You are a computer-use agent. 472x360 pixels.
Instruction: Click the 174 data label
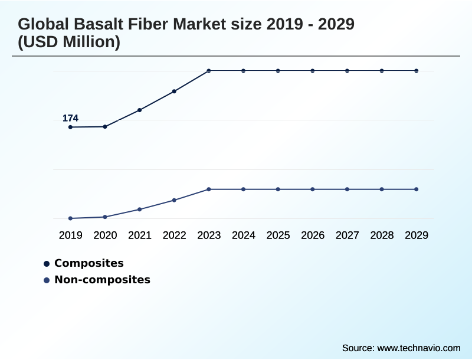point(70,119)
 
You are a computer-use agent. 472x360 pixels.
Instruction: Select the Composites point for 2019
point(70,127)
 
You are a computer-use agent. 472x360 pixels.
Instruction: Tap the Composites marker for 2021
point(140,110)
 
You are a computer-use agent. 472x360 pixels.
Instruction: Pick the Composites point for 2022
point(174,91)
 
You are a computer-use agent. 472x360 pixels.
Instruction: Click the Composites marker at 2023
point(209,71)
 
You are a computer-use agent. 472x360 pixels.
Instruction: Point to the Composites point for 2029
point(417,71)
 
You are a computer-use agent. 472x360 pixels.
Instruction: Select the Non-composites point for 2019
point(70,218)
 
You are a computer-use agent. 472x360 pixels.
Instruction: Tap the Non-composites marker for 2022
point(174,200)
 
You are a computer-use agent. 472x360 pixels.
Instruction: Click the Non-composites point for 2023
point(209,189)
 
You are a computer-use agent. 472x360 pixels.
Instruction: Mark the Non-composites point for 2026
point(313,189)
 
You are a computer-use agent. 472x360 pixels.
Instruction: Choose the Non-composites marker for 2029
point(417,189)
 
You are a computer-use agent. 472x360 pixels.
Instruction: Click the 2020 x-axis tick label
point(105,235)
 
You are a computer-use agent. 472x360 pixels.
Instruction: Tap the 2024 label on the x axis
point(243,235)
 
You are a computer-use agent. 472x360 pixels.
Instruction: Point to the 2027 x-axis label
point(347,235)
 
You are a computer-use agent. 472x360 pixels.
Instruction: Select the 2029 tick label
point(417,235)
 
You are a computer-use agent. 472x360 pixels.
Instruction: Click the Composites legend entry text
point(88,263)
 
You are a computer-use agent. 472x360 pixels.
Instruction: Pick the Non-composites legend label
point(102,280)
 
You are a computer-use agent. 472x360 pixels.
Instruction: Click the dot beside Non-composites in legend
point(46,280)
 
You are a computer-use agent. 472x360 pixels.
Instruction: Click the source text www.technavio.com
point(418,348)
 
